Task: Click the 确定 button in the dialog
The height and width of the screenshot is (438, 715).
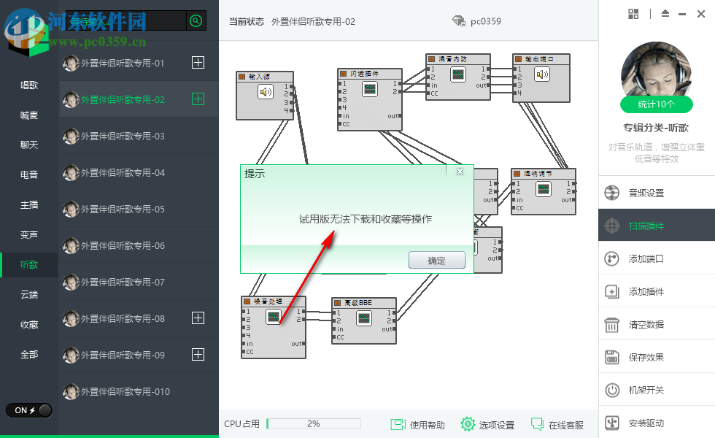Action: (x=436, y=260)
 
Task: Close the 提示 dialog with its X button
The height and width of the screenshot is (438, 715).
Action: (x=460, y=172)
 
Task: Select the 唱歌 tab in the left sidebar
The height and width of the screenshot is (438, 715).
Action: (x=29, y=85)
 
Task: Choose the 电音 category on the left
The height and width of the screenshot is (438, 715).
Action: (x=29, y=174)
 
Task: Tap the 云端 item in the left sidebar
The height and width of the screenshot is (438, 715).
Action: (x=29, y=294)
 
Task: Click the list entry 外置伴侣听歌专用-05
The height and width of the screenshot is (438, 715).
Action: (x=123, y=209)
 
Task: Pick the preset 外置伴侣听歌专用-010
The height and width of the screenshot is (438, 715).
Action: (x=125, y=391)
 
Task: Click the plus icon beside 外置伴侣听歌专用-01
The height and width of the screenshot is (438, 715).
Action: (x=198, y=63)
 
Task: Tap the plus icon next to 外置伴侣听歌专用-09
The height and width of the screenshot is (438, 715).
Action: (x=198, y=354)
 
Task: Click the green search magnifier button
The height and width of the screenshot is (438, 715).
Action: (x=196, y=21)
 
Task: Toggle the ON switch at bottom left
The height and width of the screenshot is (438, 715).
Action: (x=29, y=410)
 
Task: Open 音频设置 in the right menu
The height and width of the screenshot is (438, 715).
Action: (x=646, y=193)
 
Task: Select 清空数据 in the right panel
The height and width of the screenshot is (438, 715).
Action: (x=646, y=325)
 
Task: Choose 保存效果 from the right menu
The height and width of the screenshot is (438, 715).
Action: (x=646, y=358)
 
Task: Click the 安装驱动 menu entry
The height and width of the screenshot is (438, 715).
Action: (x=646, y=423)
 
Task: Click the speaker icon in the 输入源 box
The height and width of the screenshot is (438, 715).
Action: (x=266, y=91)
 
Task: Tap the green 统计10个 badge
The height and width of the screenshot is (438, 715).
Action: (x=656, y=104)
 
